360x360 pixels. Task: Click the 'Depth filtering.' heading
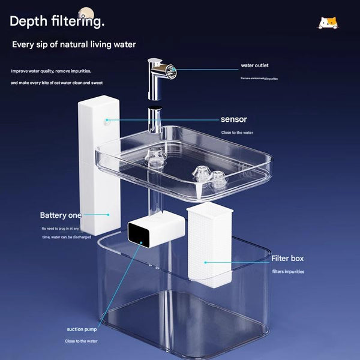tap(58, 22)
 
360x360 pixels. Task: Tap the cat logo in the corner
tap(328, 23)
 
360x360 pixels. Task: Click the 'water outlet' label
tap(255, 65)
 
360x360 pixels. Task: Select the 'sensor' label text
tap(233, 119)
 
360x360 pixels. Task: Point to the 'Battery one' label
tap(60, 215)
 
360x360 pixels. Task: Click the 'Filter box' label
tap(287, 259)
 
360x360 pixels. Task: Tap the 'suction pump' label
tap(83, 329)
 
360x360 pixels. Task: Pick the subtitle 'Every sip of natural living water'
tap(74, 44)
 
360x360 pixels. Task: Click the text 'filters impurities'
tap(288, 272)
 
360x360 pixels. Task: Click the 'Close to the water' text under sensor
tap(236, 133)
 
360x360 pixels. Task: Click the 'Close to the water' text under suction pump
tap(81, 341)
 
